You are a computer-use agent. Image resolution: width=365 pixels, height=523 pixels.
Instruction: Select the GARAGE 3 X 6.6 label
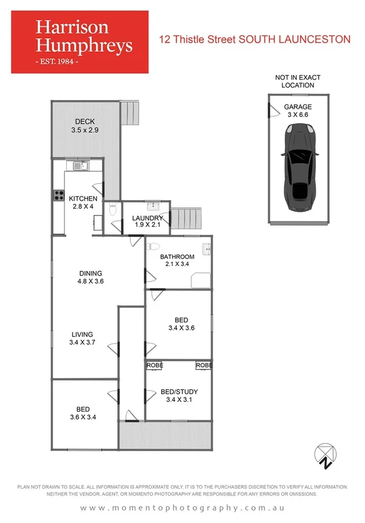(x=297, y=111)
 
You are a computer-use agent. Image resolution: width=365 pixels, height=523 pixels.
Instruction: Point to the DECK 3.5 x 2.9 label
(x=84, y=126)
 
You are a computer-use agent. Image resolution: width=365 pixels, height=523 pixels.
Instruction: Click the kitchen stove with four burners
(x=59, y=195)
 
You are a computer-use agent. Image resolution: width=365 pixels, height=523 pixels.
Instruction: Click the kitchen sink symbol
(x=79, y=166)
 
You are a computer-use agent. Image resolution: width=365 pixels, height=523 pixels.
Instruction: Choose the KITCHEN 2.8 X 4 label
(x=83, y=202)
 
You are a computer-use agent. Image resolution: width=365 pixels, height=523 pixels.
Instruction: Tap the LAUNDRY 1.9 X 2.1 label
(x=147, y=221)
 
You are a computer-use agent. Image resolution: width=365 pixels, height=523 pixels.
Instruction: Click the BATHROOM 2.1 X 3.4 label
(x=177, y=261)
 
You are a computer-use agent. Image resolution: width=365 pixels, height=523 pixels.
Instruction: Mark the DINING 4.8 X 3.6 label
(x=91, y=277)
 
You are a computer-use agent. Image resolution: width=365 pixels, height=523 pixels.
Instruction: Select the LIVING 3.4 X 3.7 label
(x=82, y=338)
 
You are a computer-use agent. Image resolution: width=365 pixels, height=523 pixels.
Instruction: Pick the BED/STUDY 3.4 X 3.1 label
(x=177, y=396)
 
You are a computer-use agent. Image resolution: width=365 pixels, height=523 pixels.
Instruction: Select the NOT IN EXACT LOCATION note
(x=297, y=81)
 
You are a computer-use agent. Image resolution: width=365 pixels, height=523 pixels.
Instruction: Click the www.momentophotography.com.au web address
(x=182, y=508)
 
